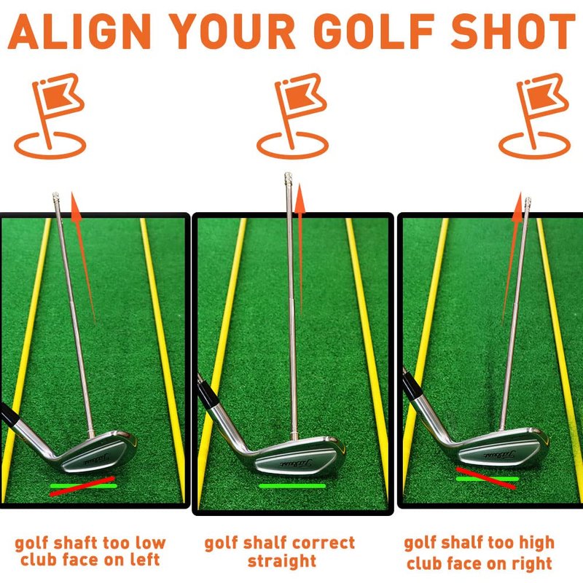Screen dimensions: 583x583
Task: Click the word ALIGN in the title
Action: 79,31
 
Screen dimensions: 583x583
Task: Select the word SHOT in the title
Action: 513,31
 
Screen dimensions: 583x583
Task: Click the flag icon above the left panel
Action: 50,115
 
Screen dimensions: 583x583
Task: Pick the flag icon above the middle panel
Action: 293,115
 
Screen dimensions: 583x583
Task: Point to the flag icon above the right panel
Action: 535,115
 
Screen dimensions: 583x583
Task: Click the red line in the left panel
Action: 82,486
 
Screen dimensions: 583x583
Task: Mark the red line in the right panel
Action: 485,478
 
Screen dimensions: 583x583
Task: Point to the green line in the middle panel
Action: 292,485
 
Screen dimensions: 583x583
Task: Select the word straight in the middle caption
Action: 282,561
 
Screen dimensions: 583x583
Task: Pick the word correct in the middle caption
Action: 318,543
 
